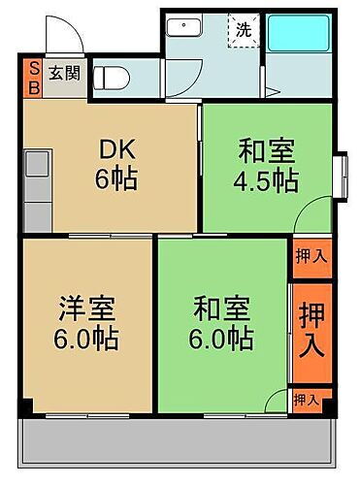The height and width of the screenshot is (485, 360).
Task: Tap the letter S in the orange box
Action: click(31, 68)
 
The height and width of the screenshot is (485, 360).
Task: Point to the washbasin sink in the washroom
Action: click(184, 28)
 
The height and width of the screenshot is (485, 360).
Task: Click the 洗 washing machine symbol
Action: click(244, 29)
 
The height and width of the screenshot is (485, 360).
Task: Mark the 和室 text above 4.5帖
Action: click(266, 152)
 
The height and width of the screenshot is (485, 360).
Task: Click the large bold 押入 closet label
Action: click(311, 329)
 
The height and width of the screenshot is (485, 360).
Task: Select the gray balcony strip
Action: click(175, 436)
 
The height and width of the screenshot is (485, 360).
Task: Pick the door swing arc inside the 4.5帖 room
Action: click(311, 215)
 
